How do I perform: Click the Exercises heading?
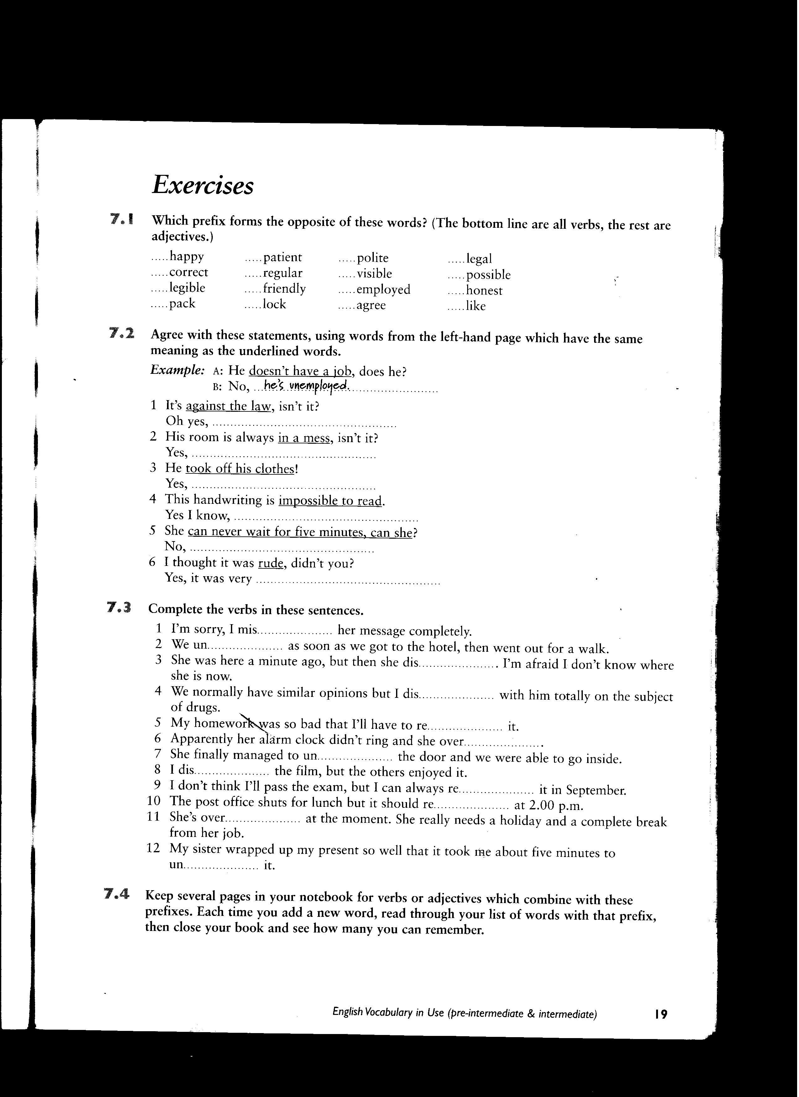pyautogui.click(x=203, y=185)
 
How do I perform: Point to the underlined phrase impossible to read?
pyautogui.click(x=330, y=500)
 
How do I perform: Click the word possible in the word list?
pyautogui.click(x=488, y=275)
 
